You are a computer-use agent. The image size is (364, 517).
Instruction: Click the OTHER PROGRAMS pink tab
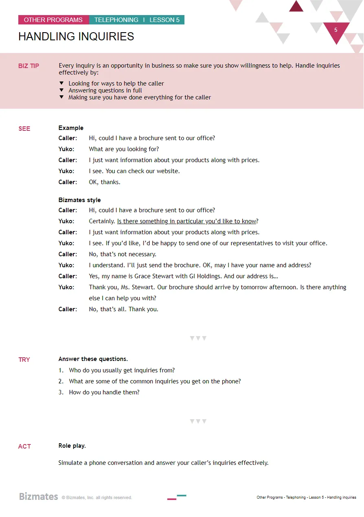click(53, 20)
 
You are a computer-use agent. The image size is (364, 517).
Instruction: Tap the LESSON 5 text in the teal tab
click(164, 20)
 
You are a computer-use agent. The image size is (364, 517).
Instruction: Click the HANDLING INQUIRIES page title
click(76, 37)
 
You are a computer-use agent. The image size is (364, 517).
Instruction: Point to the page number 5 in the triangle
click(336, 30)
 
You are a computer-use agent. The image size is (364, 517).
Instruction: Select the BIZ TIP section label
click(29, 66)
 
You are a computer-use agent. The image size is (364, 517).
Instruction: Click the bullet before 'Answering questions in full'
click(61, 90)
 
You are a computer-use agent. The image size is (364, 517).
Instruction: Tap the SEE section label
click(24, 129)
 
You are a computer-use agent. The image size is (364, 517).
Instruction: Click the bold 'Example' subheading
click(71, 128)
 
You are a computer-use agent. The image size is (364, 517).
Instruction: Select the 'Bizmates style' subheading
click(79, 200)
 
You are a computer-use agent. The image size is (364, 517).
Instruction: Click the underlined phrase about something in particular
click(187, 221)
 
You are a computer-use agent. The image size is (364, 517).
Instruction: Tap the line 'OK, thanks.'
click(105, 182)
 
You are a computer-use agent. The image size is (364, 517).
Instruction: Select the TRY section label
click(24, 360)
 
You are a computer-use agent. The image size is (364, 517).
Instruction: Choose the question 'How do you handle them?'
click(104, 392)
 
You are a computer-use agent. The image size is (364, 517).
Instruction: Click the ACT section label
click(24, 447)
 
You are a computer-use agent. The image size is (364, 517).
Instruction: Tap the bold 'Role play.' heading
click(72, 446)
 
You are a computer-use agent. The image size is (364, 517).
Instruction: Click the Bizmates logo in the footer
click(39, 497)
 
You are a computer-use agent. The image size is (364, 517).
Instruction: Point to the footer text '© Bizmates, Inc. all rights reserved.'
click(97, 498)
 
